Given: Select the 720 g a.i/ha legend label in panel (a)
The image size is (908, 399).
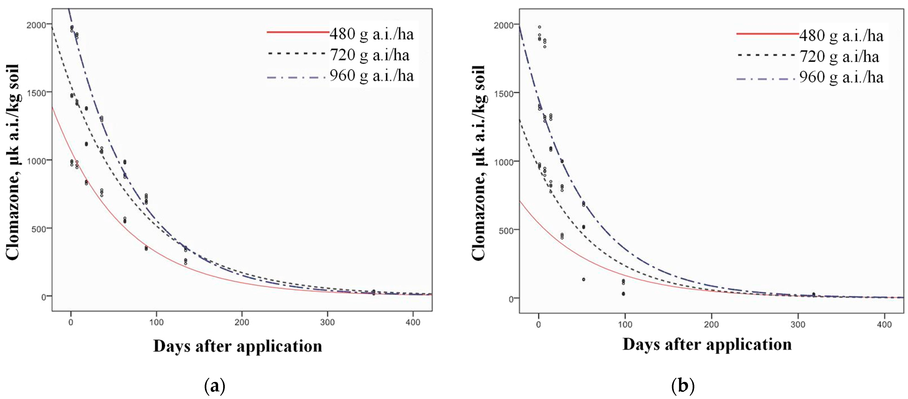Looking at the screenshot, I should point(369,55).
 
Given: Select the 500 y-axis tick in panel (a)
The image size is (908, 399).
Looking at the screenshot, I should point(39,229).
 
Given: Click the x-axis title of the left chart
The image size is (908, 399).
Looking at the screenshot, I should point(238,346).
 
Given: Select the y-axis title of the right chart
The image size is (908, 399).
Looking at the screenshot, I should point(479,163).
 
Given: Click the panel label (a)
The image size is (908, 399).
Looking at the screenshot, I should point(214,386).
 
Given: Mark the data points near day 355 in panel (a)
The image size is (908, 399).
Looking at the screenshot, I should point(374,292).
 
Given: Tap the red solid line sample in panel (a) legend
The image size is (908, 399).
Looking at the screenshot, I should point(298,32).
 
